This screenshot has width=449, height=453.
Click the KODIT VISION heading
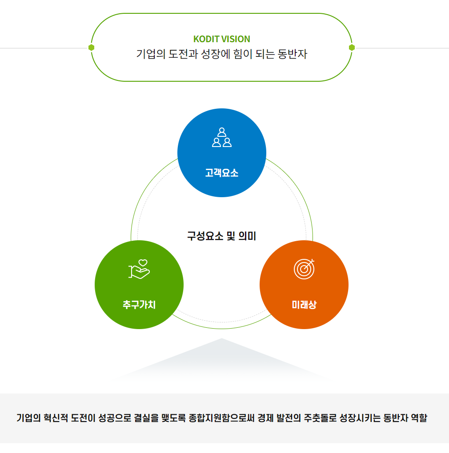tap(222, 39)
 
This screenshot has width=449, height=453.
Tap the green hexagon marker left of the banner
tap(91, 48)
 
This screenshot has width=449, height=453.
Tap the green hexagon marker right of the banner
tap(352, 48)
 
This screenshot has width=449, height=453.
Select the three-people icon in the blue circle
tap(222, 137)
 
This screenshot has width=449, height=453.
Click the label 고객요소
tap(222, 173)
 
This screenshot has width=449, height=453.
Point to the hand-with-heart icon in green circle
tap(139, 269)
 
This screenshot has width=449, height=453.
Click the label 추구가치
tap(139, 305)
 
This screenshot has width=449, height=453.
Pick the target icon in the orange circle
tap(304, 269)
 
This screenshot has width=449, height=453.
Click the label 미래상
tap(304, 305)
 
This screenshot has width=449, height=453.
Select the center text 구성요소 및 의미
tap(221, 236)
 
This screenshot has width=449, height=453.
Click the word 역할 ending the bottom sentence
tap(419, 418)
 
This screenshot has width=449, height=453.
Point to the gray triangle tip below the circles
tap(221, 340)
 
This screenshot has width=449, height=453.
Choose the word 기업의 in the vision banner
tap(150, 55)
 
